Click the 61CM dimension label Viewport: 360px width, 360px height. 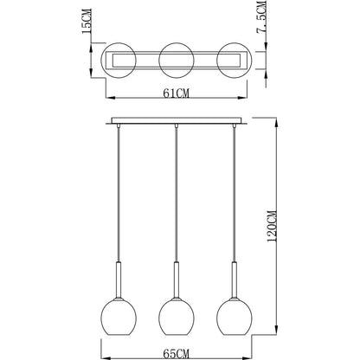[x=177, y=93]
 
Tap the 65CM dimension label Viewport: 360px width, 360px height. [x=177, y=353]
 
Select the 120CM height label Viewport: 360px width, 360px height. [x=272, y=227]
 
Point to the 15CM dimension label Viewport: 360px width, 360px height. [x=87, y=21]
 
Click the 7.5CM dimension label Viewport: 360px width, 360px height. [x=261, y=17]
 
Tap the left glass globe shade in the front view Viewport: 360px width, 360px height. [x=119, y=316]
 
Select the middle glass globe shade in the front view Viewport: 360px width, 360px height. [x=177, y=316]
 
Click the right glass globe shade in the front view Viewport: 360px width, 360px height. [x=235, y=316]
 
